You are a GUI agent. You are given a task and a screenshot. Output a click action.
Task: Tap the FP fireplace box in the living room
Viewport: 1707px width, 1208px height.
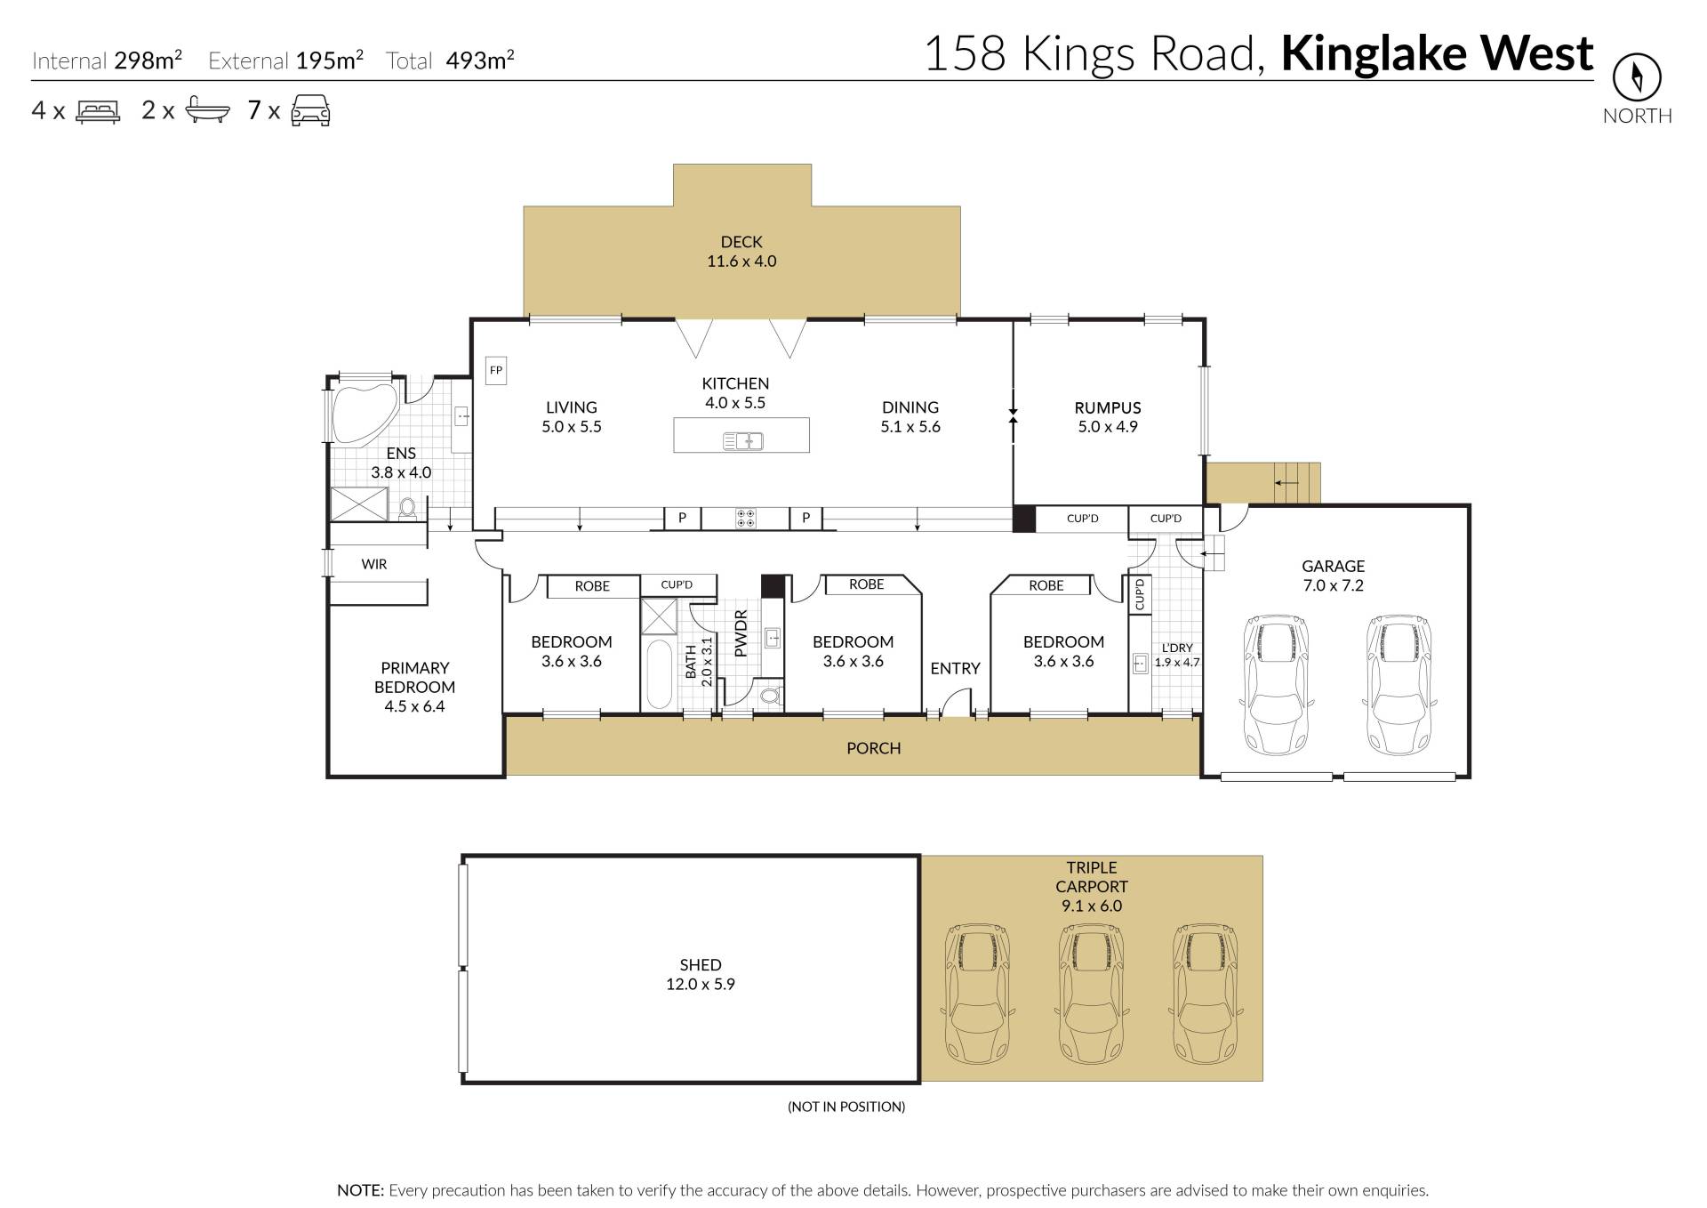tap(496, 370)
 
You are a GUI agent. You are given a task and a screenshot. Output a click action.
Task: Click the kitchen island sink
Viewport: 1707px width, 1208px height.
tap(742, 439)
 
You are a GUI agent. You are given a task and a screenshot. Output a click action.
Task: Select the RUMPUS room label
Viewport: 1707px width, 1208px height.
tap(1108, 407)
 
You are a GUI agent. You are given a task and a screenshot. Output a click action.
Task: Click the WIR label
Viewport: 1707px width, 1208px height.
tap(374, 564)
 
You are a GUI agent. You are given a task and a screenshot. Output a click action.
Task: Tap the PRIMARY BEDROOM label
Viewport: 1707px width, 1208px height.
tap(414, 677)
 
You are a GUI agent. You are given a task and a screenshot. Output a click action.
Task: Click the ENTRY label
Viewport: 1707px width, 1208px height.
tap(955, 668)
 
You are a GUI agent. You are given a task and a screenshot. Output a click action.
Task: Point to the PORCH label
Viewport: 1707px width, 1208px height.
tap(873, 748)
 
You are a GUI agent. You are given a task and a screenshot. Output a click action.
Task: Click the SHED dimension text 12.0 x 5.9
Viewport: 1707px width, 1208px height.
tap(701, 984)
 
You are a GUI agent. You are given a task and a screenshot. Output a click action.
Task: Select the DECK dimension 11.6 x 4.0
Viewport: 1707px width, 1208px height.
tap(741, 261)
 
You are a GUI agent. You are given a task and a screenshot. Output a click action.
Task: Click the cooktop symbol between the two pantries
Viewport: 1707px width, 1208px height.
tap(746, 518)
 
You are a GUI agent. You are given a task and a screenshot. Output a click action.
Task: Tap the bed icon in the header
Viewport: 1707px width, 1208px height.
tap(98, 111)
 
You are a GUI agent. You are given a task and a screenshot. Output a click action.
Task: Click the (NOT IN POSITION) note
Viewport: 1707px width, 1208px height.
tap(846, 1107)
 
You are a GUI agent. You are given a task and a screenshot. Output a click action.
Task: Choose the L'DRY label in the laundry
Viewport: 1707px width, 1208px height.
tap(1177, 648)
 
